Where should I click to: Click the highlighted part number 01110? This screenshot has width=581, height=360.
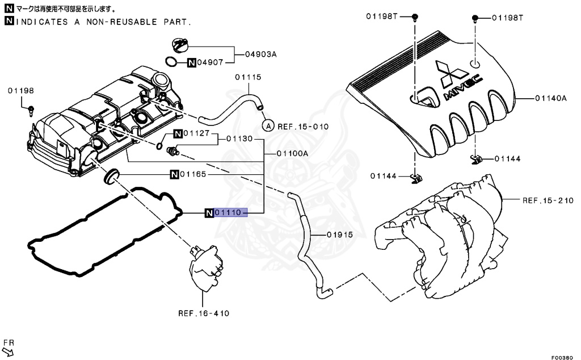click(x=230, y=213)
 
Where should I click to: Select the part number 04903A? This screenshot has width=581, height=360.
click(x=261, y=55)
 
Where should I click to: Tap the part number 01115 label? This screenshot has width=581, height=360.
click(x=248, y=77)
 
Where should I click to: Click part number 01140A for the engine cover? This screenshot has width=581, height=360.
click(x=550, y=98)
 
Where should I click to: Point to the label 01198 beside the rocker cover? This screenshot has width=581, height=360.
click(x=21, y=90)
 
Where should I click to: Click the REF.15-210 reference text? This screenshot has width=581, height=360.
click(x=548, y=200)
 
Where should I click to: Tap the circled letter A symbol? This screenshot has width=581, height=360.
click(x=268, y=125)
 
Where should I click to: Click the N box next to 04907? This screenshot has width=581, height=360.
click(x=192, y=62)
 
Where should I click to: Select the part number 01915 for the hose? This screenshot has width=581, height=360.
click(x=340, y=235)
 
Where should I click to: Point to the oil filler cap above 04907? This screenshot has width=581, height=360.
click(x=180, y=44)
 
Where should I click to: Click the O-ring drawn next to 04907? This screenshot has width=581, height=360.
click(x=171, y=61)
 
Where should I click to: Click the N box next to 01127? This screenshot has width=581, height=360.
click(x=178, y=134)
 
